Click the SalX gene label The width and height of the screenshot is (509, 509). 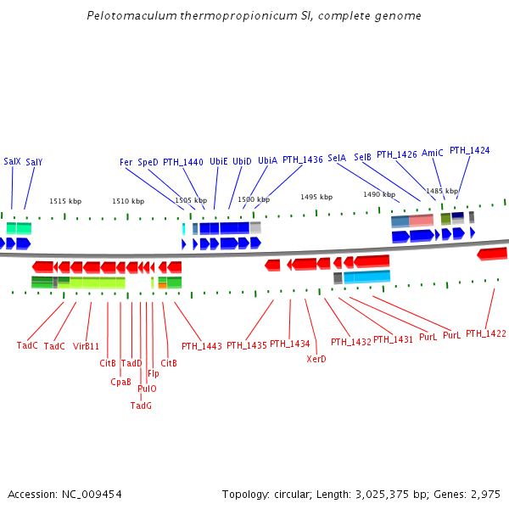point(12,161)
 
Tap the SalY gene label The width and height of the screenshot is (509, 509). point(34,162)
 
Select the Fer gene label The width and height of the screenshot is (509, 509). point(126,161)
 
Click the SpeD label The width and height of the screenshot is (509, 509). point(148,161)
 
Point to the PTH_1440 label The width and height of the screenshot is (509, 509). point(182,161)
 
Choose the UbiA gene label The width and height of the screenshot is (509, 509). point(267,160)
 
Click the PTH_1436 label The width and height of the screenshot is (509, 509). point(302,159)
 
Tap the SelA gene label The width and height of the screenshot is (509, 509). point(337,158)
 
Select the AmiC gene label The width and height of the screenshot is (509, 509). point(432,153)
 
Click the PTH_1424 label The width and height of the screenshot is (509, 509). point(469,150)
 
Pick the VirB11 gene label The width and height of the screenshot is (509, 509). point(86,346)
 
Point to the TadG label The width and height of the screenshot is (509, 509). point(141,406)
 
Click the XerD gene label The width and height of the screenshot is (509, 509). point(316,359)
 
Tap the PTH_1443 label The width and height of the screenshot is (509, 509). point(201,346)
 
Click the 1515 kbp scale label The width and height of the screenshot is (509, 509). point(65,201)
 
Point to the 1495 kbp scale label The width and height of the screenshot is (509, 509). point(316,197)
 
